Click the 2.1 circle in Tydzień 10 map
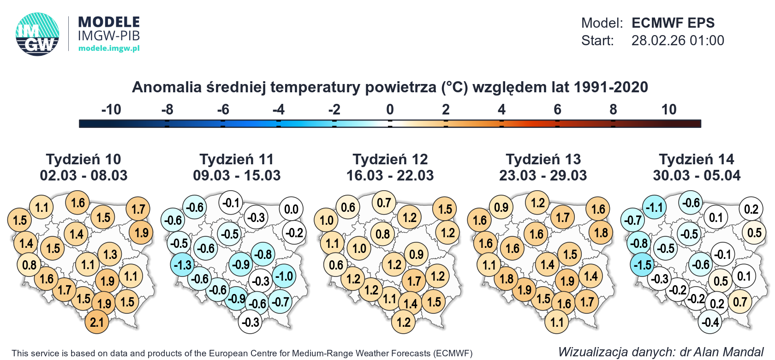[97, 322]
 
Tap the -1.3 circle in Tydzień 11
[183, 265]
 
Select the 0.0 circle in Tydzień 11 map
[291, 209]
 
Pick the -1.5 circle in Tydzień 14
[642, 265]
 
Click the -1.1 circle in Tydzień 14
[655, 207]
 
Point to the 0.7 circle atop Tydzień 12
[384, 203]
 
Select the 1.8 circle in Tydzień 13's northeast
[601, 233]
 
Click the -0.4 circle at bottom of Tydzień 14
[710, 322]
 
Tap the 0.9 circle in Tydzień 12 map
[416, 254]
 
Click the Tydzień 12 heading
[390, 159]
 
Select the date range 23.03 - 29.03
[543, 176]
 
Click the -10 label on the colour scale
[111, 109]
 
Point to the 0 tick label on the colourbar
[390, 109]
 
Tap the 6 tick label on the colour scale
[557, 109]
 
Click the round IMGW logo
[37, 35]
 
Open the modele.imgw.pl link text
[109, 48]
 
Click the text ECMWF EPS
[673, 23]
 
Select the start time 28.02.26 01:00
[677, 41]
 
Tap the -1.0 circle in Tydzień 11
[285, 276]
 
